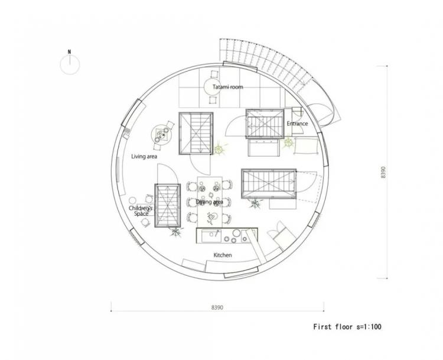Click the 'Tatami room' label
click(x=228, y=87)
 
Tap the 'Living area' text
click(x=144, y=157)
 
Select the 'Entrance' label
click(x=297, y=124)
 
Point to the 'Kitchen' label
click(x=223, y=255)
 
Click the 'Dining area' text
click(x=209, y=202)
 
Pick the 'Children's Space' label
click(x=141, y=211)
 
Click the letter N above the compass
click(x=70, y=52)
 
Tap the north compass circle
click(x=70, y=65)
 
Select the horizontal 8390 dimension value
click(x=217, y=307)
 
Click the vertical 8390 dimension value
click(x=383, y=172)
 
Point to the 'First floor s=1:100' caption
click(x=347, y=327)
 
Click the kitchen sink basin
click(x=211, y=236)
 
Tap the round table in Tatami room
click(x=214, y=86)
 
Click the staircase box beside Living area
click(x=196, y=134)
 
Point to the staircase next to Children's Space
click(x=168, y=206)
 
